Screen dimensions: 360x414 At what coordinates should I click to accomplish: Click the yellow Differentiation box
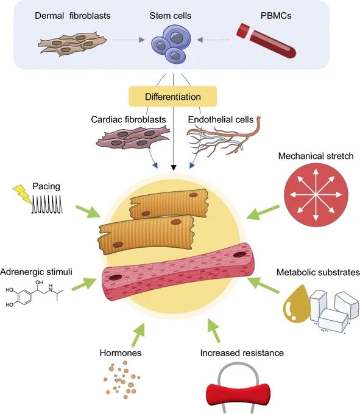tap(173, 96)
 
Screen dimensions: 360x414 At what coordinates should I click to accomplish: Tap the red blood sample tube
tap(266, 41)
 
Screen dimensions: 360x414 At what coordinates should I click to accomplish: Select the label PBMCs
tap(276, 16)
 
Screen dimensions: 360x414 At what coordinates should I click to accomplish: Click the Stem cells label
tap(171, 16)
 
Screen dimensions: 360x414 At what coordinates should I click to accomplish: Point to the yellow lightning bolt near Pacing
tap(23, 194)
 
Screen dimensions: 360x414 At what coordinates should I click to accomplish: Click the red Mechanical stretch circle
tap(316, 195)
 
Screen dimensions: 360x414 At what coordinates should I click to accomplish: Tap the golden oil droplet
tap(297, 304)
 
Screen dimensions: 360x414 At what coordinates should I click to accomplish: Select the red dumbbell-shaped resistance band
tap(238, 395)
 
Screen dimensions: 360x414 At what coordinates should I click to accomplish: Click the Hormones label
tap(121, 353)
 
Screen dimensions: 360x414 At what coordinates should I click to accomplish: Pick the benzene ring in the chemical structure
tap(24, 297)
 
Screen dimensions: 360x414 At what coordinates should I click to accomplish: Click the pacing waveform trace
tap(47, 204)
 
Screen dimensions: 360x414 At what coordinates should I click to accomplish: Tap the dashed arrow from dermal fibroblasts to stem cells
tap(129, 40)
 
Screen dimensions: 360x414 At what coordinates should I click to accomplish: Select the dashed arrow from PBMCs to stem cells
tap(213, 40)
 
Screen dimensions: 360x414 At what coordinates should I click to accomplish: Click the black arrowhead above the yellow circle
tap(173, 167)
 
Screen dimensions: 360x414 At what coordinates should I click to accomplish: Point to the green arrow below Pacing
tap(88, 211)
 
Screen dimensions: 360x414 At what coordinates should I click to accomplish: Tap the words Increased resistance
tap(242, 353)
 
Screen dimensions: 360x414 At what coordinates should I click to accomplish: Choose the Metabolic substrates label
tap(318, 272)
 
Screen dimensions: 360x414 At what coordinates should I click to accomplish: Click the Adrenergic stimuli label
tap(36, 272)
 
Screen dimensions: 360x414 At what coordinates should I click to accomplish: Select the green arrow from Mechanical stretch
tap(263, 212)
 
